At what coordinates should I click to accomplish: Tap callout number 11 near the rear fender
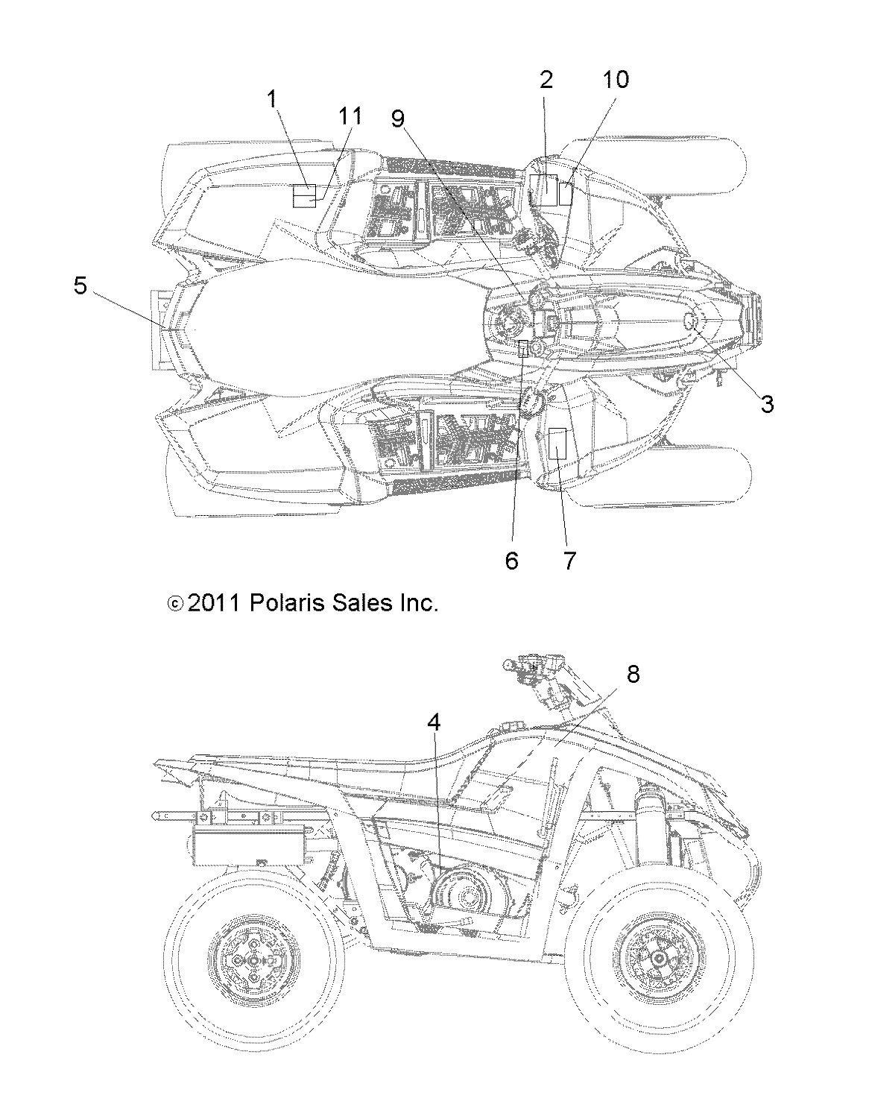tap(350, 116)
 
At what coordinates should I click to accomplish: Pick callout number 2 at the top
tap(546, 80)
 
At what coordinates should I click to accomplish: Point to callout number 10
tap(616, 80)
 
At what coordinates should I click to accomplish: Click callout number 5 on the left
tap(80, 285)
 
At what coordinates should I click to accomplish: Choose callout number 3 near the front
tap(767, 403)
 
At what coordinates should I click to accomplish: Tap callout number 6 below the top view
tap(511, 560)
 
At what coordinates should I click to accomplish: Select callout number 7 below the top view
tap(569, 560)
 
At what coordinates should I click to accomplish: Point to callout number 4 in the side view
tap(434, 721)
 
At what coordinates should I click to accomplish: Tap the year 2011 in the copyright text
tap(212, 602)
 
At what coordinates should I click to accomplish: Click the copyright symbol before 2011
tap(174, 603)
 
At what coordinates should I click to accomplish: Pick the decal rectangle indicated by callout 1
tap(303, 196)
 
